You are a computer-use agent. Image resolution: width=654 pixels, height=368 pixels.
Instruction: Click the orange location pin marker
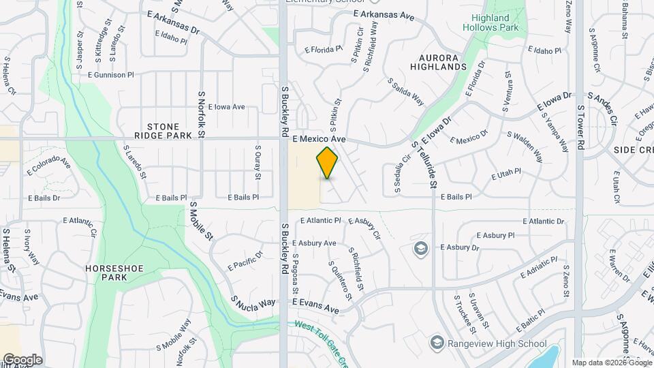point(327,163)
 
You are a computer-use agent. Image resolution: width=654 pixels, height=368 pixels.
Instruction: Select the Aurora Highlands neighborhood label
point(438,62)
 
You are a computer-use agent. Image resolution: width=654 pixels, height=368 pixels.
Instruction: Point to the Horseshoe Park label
point(115,273)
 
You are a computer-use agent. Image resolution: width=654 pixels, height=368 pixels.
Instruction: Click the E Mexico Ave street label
point(320,139)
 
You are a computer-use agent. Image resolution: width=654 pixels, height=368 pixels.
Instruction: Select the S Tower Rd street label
point(581,127)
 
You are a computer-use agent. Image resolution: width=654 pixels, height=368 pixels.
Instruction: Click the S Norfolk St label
point(202,115)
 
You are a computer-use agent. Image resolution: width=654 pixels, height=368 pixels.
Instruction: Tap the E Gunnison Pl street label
point(111,74)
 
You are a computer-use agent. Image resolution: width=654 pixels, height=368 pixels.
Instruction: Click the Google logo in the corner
point(22,359)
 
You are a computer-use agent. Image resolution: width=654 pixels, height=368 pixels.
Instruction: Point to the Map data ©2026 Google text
point(611,363)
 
